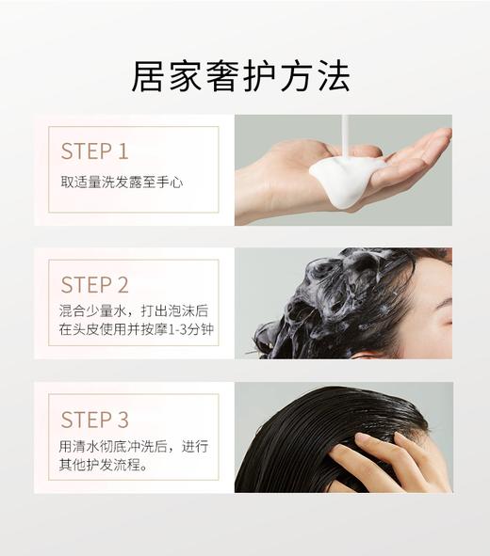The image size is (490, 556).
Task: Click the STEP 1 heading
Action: coord(94,151)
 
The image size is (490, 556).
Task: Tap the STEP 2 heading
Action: coord(95,285)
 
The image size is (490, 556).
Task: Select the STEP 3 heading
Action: coord(95,420)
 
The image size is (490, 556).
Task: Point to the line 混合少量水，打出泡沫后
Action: coord(133,311)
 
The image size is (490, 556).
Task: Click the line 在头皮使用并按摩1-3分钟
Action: coord(133,331)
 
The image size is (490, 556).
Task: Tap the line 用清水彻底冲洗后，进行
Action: coord(133,446)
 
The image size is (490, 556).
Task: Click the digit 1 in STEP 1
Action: coord(122,151)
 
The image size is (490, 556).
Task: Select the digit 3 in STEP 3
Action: coord(122,420)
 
